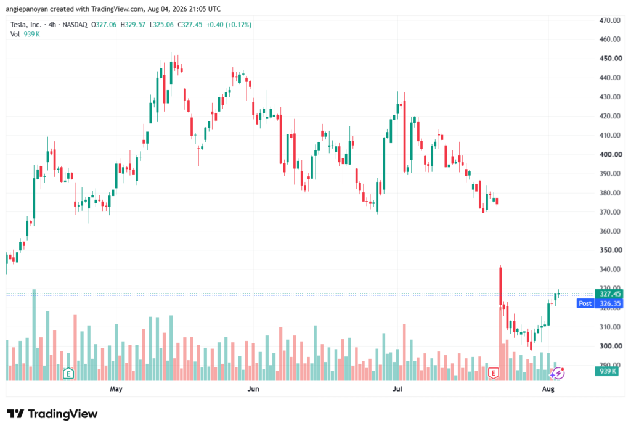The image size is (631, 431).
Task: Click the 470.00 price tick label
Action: click(610, 20)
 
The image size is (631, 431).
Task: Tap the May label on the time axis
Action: click(116, 388)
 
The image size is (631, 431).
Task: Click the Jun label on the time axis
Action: click(253, 388)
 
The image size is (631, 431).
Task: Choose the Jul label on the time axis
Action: click(397, 388)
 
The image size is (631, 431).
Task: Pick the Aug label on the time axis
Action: click(548, 388)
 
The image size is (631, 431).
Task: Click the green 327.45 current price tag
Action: click(609, 294)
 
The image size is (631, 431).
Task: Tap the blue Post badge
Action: click(585, 303)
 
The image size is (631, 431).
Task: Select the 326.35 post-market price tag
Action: click(609, 303)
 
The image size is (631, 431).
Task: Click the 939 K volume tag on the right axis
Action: click(607, 371)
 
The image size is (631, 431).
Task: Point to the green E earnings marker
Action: click(68, 374)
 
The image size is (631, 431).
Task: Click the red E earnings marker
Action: click(493, 374)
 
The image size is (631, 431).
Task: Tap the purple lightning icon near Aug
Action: click(558, 374)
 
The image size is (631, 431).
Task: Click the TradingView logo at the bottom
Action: click(52, 414)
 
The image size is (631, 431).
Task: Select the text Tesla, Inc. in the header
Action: click(26, 25)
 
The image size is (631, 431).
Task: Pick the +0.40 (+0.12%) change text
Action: click(229, 25)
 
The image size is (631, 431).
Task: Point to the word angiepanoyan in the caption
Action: click(27, 9)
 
